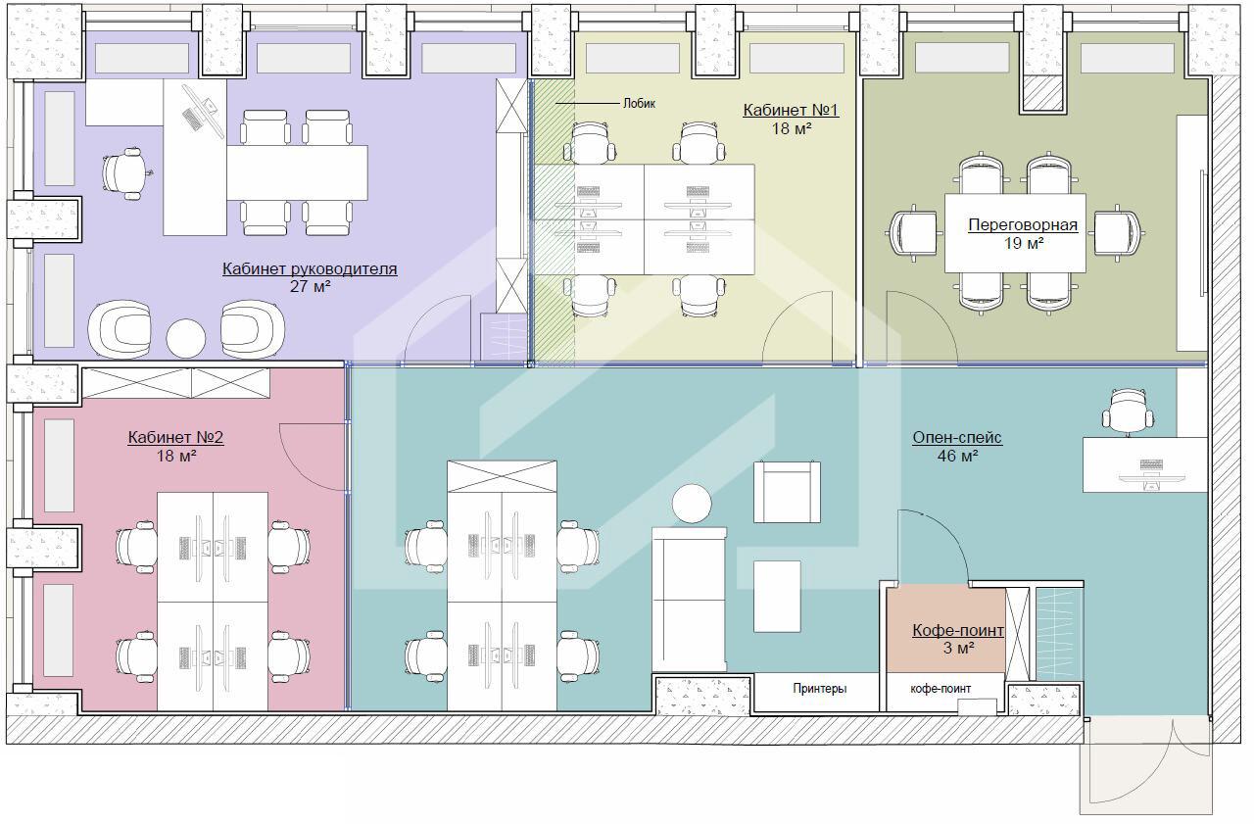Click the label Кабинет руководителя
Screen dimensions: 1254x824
(x=310, y=268)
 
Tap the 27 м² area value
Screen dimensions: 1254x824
(x=310, y=287)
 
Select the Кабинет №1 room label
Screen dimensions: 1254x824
(x=791, y=111)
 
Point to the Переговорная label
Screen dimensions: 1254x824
(x=1023, y=225)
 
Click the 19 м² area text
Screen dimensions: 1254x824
(x=1024, y=244)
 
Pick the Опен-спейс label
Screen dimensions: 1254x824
(x=957, y=438)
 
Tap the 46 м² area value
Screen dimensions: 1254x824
(x=957, y=457)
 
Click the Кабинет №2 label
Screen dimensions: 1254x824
(x=175, y=437)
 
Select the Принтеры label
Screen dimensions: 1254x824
(x=820, y=689)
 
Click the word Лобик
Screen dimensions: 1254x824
(x=640, y=104)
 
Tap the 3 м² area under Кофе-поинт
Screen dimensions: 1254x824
(x=958, y=649)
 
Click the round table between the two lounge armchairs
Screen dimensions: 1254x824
(x=186, y=338)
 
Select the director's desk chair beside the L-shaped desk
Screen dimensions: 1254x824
(x=125, y=173)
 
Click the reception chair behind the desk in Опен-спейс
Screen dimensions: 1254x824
(x=1128, y=412)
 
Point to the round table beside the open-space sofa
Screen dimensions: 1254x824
(x=692, y=504)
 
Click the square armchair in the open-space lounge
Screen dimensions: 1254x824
(x=787, y=492)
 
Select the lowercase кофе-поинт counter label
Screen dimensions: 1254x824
(x=940, y=689)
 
